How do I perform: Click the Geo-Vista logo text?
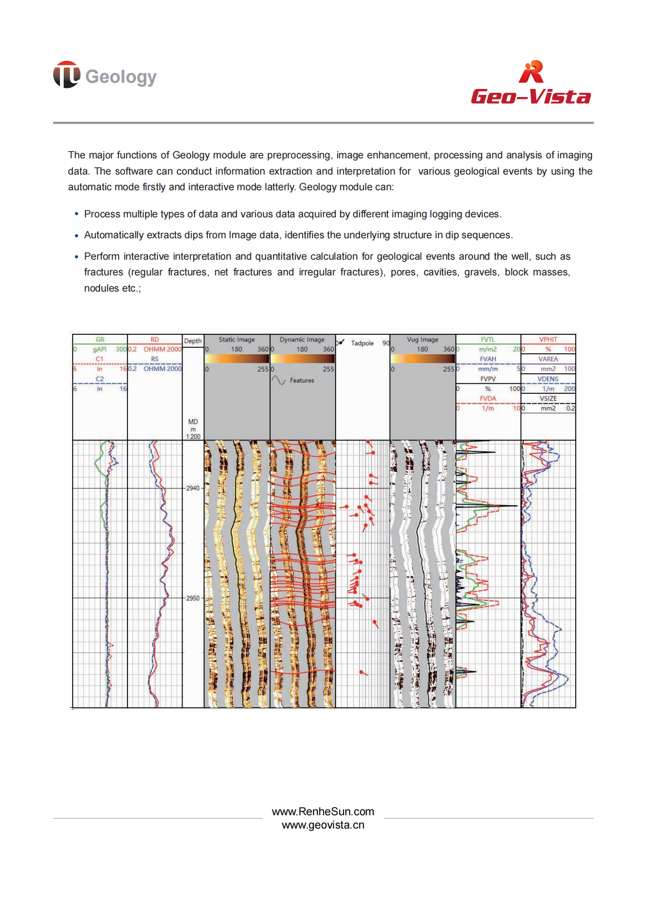[531, 97]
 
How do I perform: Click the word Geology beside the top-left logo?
[121, 77]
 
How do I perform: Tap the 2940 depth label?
[193, 488]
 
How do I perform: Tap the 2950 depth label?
[193, 598]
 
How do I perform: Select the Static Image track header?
[236, 340]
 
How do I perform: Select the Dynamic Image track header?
[302, 340]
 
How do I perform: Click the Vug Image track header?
[422, 340]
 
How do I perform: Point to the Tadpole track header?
[362, 343]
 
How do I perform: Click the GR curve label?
[100, 340]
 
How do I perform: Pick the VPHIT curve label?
[548, 340]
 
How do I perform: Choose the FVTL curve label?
[488, 340]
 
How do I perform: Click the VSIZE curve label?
[548, 399]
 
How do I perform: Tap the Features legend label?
[302, 381]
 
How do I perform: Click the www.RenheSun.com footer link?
[323, 811]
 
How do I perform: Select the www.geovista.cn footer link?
[323, 825]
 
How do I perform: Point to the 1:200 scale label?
[193, 436]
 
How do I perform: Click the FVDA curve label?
[488, 399]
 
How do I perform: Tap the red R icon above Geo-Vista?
[531, 72]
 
